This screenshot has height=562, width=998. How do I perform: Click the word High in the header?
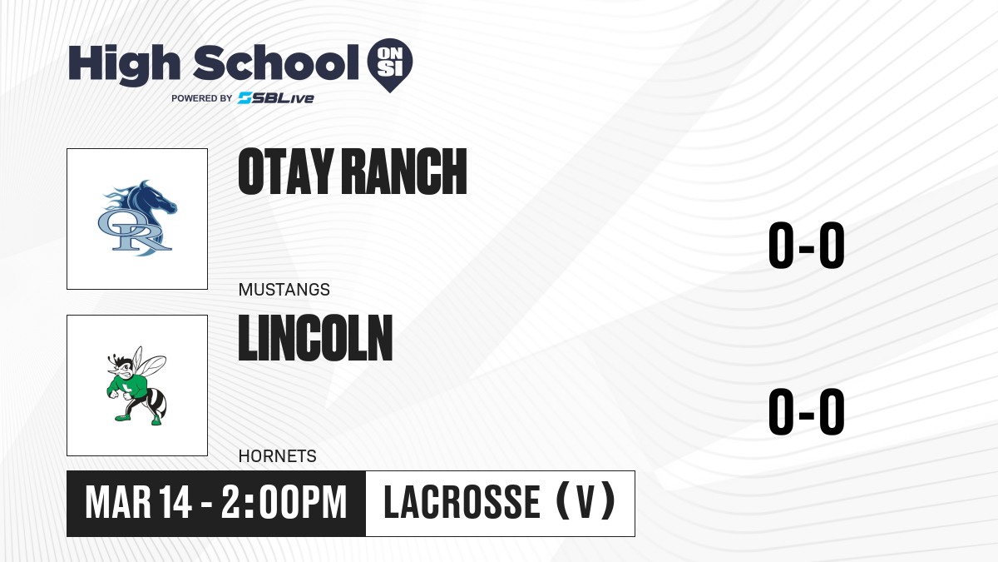[x=124, y=64]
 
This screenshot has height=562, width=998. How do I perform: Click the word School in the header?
[x=276, y=62]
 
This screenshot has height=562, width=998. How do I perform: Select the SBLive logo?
[x=276, y=98]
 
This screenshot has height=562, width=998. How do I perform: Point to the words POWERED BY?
[x=202, y=98]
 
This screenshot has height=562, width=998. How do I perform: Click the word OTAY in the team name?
[x=286, y=172]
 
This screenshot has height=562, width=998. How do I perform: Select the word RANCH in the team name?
[x=404, y=172]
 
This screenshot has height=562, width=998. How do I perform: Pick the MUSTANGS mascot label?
[x=284, y=290]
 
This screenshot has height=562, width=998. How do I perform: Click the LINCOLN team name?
[x=315, y=338]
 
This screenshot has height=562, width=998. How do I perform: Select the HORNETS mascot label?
[x=278, y=456]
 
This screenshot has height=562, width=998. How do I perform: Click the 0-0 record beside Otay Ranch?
[x=807, y=245]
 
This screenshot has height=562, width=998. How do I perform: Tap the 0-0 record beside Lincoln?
[x=807, y=411]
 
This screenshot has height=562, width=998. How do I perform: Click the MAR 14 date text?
[x=139, y=503]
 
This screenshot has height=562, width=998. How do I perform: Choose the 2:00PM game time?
[x=284, y=503]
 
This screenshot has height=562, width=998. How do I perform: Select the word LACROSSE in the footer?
[x=462, y=503]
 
